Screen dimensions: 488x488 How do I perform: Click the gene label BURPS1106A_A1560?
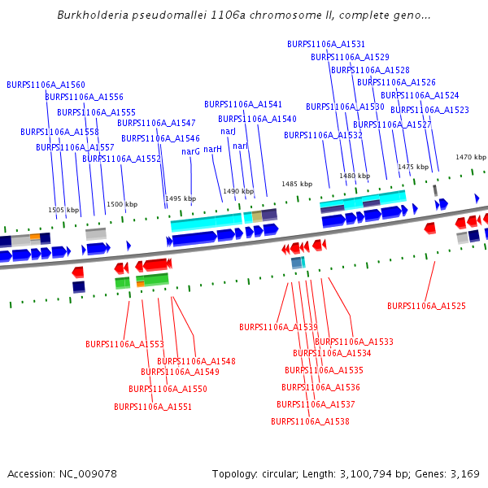pos(46,85)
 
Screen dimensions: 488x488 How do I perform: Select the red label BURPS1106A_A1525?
pos(426,306)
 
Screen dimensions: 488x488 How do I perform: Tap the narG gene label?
pos(190,151)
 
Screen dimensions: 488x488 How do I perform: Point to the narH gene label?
pos(212,149)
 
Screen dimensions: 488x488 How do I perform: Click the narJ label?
pos(228,131)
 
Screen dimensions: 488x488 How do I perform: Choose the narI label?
pos(240,146)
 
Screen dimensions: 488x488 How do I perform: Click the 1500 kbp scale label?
pos(121,204)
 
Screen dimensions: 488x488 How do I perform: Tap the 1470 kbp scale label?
pos(470,157)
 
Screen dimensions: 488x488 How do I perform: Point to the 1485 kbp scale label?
pos(297,184)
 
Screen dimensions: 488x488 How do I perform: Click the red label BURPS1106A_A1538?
pos(310,421)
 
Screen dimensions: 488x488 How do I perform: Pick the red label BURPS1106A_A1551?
pos(153,407)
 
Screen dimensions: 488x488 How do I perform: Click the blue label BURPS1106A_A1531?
pos(326,44)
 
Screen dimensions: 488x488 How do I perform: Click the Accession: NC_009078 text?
pos(62,473)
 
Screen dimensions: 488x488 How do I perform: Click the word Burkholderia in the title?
pos(92,15)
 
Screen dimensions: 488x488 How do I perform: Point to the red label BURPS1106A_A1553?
pos(124,344)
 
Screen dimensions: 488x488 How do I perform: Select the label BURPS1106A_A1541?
pos(243,104)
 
